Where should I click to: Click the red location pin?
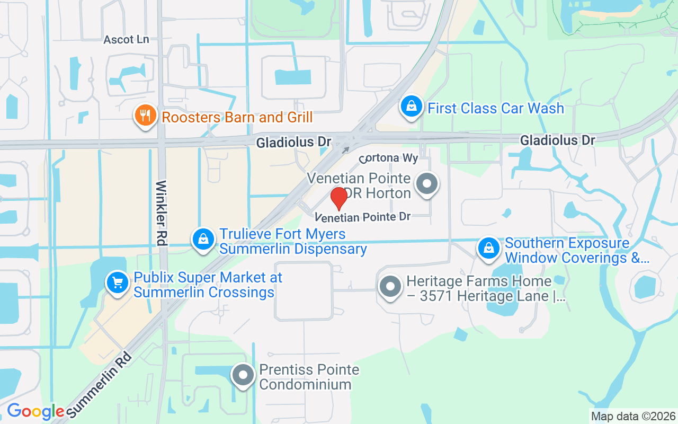[339, 198]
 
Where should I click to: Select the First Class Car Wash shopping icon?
[411, 107]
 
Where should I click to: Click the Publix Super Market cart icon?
[118, 283]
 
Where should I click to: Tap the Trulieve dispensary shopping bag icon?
[203, 240]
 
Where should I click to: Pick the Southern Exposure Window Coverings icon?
[489, 248]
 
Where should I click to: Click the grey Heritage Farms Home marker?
[391, 287]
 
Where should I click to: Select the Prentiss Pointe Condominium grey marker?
[244, 375]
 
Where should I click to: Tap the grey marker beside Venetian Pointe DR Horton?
[427, 184]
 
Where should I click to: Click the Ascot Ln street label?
[126, 40]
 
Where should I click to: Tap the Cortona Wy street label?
[389, 158]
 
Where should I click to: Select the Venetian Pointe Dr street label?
[363, 217]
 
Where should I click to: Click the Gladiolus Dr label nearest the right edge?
[557, 140]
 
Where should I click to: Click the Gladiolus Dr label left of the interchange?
[293, 143]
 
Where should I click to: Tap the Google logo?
[35, 411]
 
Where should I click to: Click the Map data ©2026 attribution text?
[633, 416]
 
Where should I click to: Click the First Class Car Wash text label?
[496, 109]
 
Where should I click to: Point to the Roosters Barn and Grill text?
[237, 117]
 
